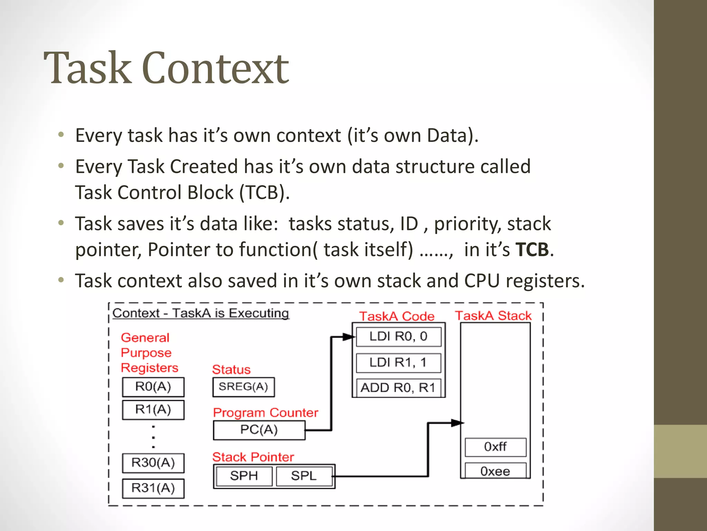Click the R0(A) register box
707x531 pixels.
pyautogui.click(x=153, y=387)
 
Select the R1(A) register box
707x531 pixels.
pyautogui.click(x=153, y=410)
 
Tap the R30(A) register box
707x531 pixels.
pyautogui.click(x=153, y=463)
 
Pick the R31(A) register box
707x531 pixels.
pyautogui.click(x=153, y=488)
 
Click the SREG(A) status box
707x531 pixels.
pyautogui.click(x=243, y=387)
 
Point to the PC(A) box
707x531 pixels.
pyautogui.click(x=259, y=430)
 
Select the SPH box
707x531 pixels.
pyautogui.click(x=244, y=476)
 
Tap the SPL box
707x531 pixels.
pyautogui.click(x=303, y=476)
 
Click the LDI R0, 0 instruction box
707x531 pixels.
pyautogui.click(x=398, y=336)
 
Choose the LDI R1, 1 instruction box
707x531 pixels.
pyautogui.click(x=398, y=363)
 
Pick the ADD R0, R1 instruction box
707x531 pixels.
pyautogui.click(x=398, y=388)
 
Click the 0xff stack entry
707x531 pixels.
pyautogui.click(x=495, y=447)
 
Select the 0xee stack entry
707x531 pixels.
pyautogui.click(x=495, y=471)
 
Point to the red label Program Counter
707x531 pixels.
pyautogui.click(x=265, y=413)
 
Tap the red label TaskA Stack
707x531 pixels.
pyautogui.click(x=493, y=316)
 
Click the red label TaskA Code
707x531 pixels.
pyautogui.click(x=397, y=316)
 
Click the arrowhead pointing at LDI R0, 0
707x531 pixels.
pyautogui.click(x=349, y=337)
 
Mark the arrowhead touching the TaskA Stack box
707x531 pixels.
pyautogui.click(x=457, y=423)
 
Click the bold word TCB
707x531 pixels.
pyautogui.click(x=532, y=250)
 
